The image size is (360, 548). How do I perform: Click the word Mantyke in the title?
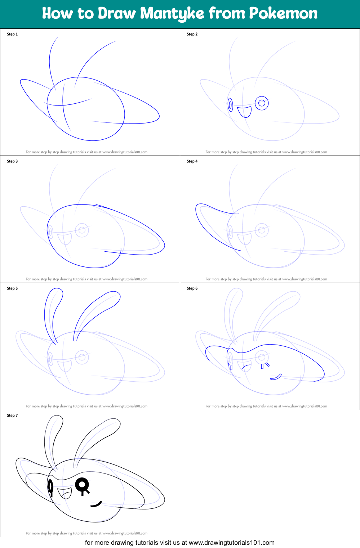(172, 14)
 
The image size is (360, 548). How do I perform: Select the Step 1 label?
(12, 34)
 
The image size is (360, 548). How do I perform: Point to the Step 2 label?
(192, 34)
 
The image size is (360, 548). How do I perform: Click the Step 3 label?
(12, 161)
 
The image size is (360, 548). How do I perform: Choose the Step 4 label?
(192, 161)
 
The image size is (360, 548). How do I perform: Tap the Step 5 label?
(12, 288)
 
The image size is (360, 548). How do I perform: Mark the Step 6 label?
(192, 288)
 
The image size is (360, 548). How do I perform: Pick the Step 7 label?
(12, 416)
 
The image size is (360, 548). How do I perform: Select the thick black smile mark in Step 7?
(96, 504)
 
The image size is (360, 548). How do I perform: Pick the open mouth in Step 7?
(65, 493)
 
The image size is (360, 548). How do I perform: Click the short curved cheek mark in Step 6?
(276, 377)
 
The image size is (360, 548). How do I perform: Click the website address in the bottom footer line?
(231, 543)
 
